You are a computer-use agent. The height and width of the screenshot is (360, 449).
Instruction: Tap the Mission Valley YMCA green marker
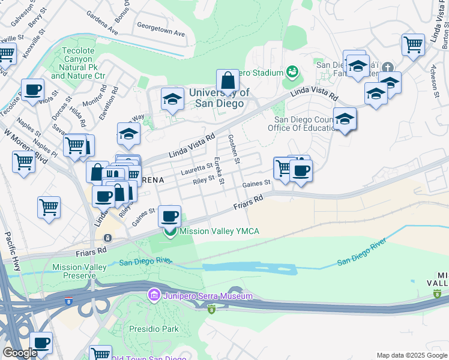(170, 232)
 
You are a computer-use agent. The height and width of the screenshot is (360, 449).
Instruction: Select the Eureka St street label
(219, 167)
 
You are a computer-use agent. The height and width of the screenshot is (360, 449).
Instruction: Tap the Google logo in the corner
(19, 353)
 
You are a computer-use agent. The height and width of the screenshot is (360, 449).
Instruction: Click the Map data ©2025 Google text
(412, 355)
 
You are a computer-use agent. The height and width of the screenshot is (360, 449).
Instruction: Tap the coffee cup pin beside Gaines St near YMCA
(170, 216)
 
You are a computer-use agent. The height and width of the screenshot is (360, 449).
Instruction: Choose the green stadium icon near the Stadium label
(292, 73)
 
